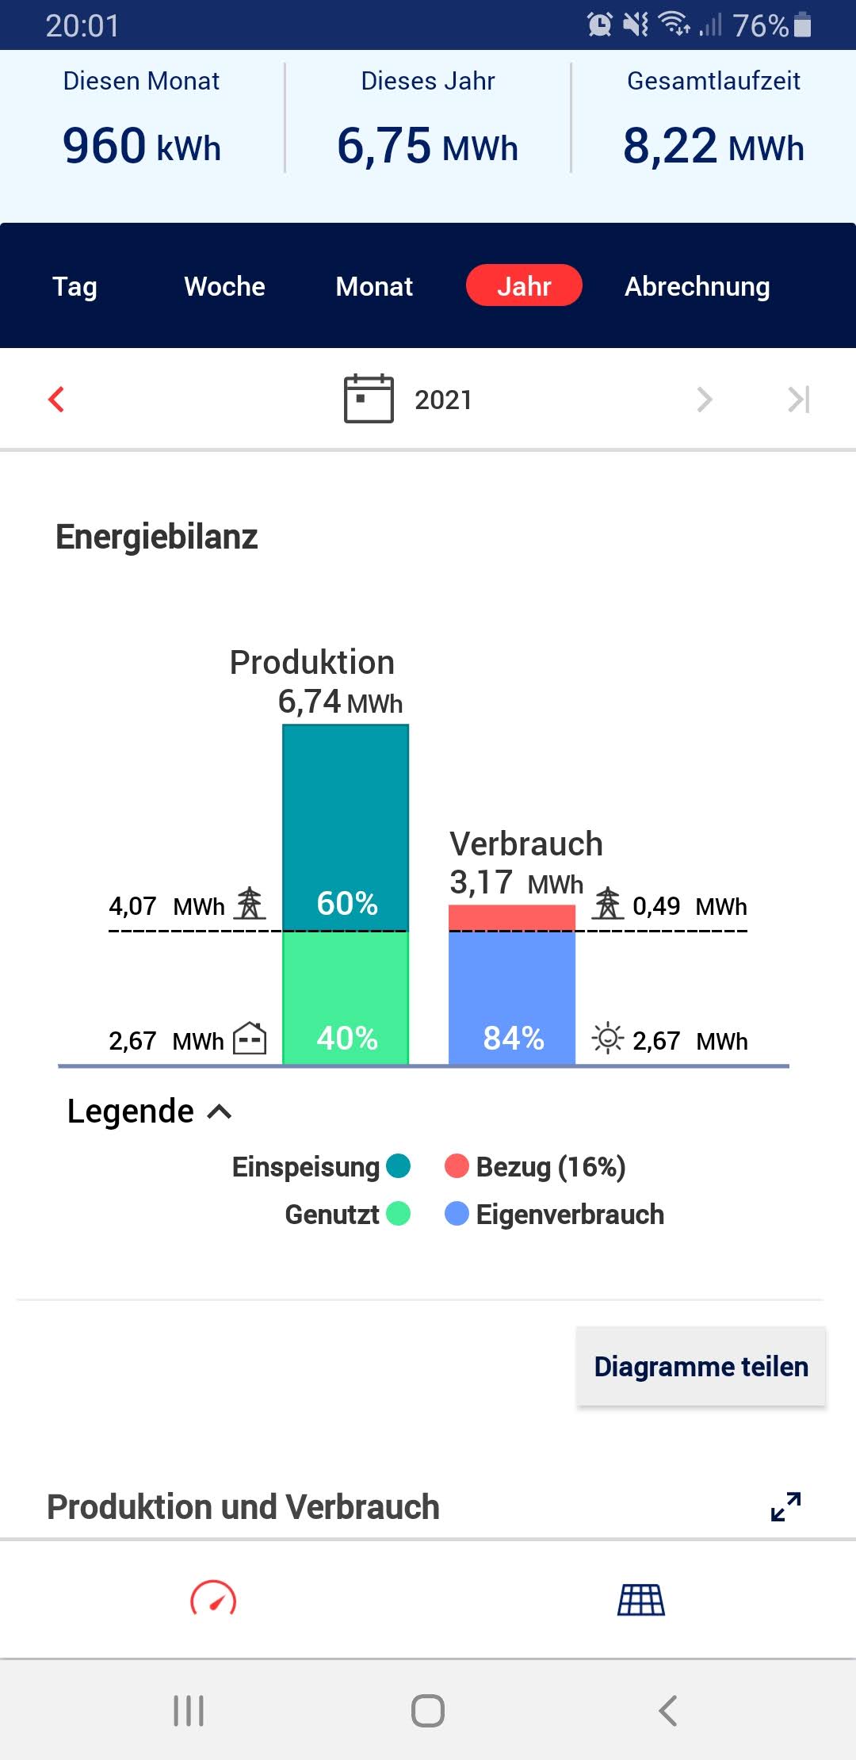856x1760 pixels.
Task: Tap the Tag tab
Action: [x=75, y=286]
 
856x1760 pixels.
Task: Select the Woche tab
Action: [x=224, y=286]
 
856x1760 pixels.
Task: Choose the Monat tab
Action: [x=374, y=286]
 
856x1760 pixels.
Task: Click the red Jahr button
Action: [x=524, y=285]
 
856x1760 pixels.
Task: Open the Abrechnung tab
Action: [x=697, y=286]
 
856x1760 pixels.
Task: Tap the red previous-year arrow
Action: [x=56, y=399]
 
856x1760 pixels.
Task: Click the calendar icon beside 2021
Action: [x=369, y=399]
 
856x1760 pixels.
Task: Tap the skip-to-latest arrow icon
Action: [x=798, y=399]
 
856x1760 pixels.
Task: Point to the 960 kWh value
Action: [x=141, y=146]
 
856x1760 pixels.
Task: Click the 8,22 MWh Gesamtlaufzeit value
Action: [x=713, y=146]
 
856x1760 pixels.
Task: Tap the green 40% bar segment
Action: [x=346, y=997]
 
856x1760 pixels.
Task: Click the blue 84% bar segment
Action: [x=512, y=997]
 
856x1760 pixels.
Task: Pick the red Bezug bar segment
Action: [x=512, y=917]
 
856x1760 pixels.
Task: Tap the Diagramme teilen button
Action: [x=701, y=1366]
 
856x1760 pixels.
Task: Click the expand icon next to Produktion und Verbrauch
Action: [x=785, y=1506]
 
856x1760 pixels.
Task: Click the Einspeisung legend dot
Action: [x=398, y=1166]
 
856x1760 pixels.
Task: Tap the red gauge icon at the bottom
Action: [x=213, y=1599]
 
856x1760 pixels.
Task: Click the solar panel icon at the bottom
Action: [x=641, y=1599]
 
